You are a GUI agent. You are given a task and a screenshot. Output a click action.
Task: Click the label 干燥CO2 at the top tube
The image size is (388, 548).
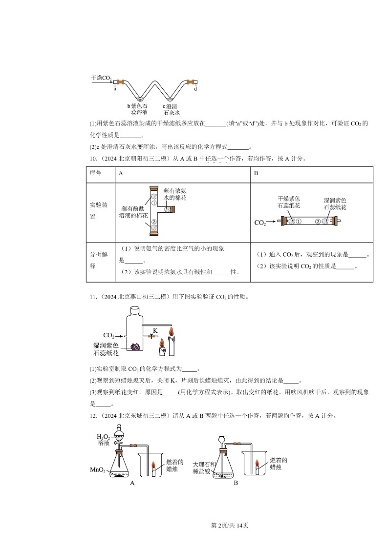coord(101,78)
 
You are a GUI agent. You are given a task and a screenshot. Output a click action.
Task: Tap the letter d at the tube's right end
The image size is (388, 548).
coord(195,89)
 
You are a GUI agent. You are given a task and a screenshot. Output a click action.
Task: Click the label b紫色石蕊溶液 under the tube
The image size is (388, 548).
coord(137,108)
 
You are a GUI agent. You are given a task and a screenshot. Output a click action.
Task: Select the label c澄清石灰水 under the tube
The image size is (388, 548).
coord(173,108)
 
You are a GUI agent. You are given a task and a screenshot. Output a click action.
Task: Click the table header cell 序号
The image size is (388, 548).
coord(96,173)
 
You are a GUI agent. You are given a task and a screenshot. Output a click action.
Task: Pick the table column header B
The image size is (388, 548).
coord(256,173)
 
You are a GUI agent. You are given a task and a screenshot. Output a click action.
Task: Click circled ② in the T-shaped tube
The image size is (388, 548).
coord(153,222)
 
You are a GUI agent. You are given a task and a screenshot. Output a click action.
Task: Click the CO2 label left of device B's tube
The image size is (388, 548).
coord(260,223)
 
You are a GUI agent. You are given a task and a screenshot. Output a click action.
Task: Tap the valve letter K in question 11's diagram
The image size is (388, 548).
coord(155,330)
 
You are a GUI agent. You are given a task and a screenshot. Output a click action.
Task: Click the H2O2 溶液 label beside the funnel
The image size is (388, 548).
coord(104,440)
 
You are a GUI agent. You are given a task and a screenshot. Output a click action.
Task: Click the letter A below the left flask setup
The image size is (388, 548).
coord(131,483)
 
